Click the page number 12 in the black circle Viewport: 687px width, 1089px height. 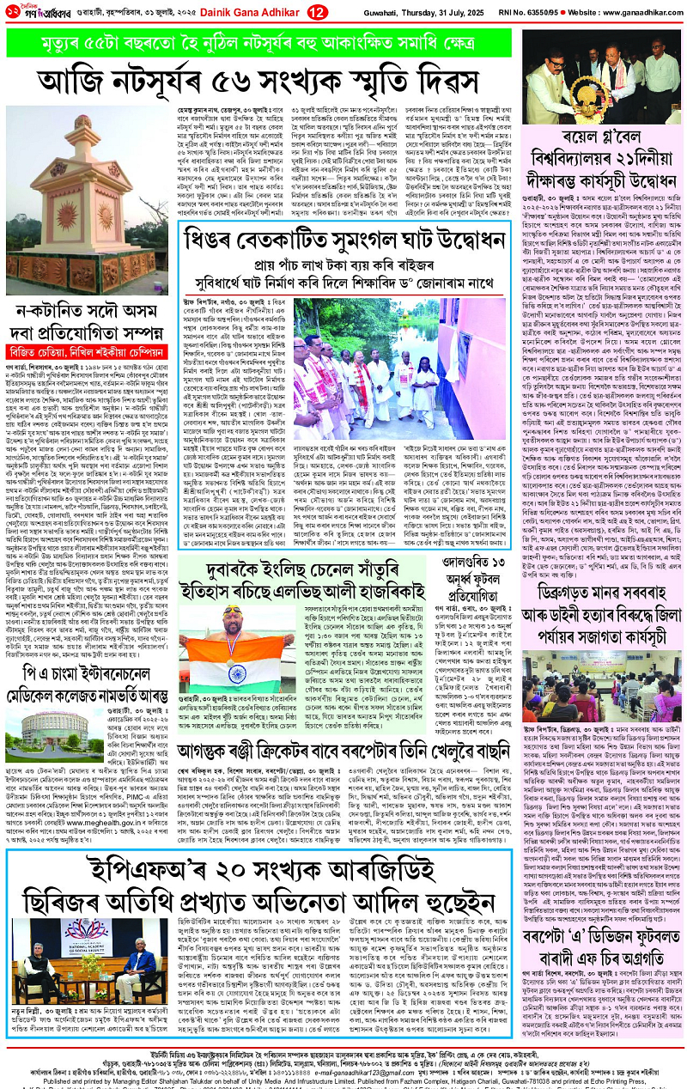coord(317,11)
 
